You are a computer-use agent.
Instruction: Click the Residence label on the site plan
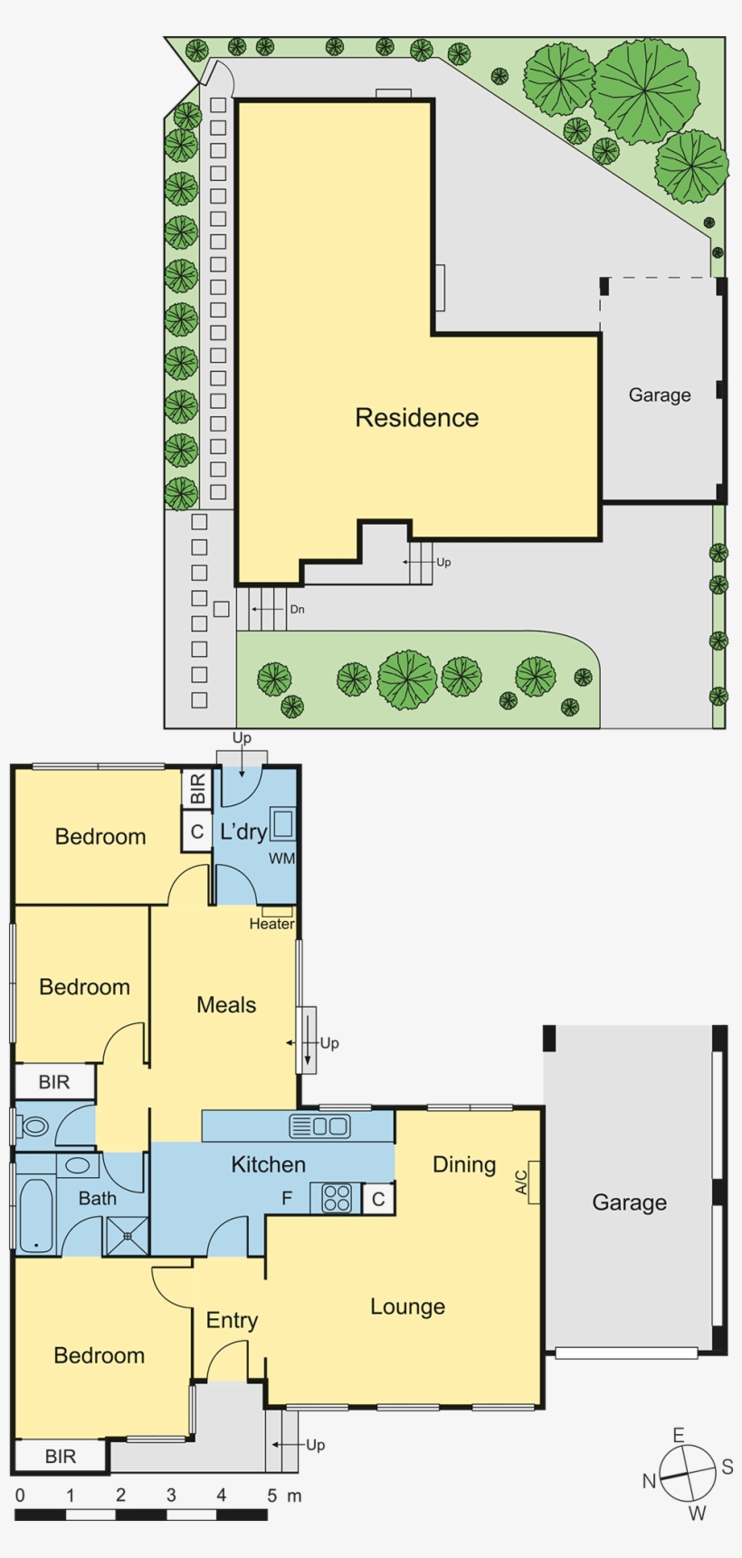click(x=416, y=418)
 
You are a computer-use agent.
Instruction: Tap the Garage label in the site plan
click(x=660, y=395)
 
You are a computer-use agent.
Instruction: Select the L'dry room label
click(x=243, y=831)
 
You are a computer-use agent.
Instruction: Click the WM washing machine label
click(x=281, y=859)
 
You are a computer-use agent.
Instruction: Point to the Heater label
click(x=271, y=924)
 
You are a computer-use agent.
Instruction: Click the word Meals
click(x=226, y=1004)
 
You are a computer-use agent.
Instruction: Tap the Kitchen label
click(x=268, y=1164)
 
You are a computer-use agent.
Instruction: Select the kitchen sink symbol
click(x=319, y=1126)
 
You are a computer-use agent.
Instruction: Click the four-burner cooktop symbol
click(x=337, y=1199)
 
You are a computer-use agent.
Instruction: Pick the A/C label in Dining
click(x=521, y=1183)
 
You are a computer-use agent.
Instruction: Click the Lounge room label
click(x=407, y=1306)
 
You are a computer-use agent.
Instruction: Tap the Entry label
click(x=232, y=1321)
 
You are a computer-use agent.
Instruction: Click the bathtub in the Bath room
click(x=36, y=1214)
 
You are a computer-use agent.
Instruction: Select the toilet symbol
click(x=34, y=1126)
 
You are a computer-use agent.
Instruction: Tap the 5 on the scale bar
click(x=271, y=1496)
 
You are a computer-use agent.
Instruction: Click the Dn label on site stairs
click(x=297, y=610)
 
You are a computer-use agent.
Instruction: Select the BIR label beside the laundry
click(x=197, y=788)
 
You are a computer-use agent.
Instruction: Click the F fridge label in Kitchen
click(x=287, y=1199)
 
